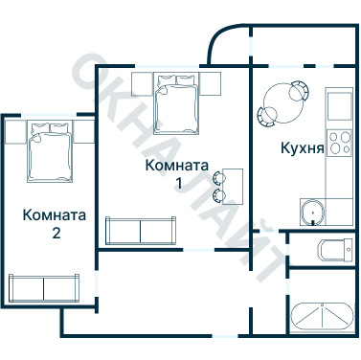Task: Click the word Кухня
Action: pyautogui.click(x=300, y=149)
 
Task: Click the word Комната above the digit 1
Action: pyautogui.click(x=177, y=164)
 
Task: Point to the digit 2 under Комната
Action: pyautogui.click(x=56, y=233)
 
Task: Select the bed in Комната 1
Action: pyautogui.click(x=177, y=101)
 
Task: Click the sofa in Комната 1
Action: pyautogui.click(x=140, y=231)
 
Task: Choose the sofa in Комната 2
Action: pyautogui.click(x=43, y=287)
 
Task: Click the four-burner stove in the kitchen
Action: pyautogui.click(x=339, y=144)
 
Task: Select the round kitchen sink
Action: pyautogui.click(x=310, y=212)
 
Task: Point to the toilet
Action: pyautogui.click(x=331, y=251)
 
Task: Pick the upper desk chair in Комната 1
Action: pyautogui.click(x=219, y=176)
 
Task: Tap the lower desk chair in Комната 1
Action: pyautogui.click(x=219, y=194)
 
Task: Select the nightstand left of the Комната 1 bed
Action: pyautogui.click(x=144, y=83)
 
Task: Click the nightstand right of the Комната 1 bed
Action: pyautogui.click(x=212, y=83)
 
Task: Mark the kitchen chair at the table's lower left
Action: pyautogui.click(x=264, y=117)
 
